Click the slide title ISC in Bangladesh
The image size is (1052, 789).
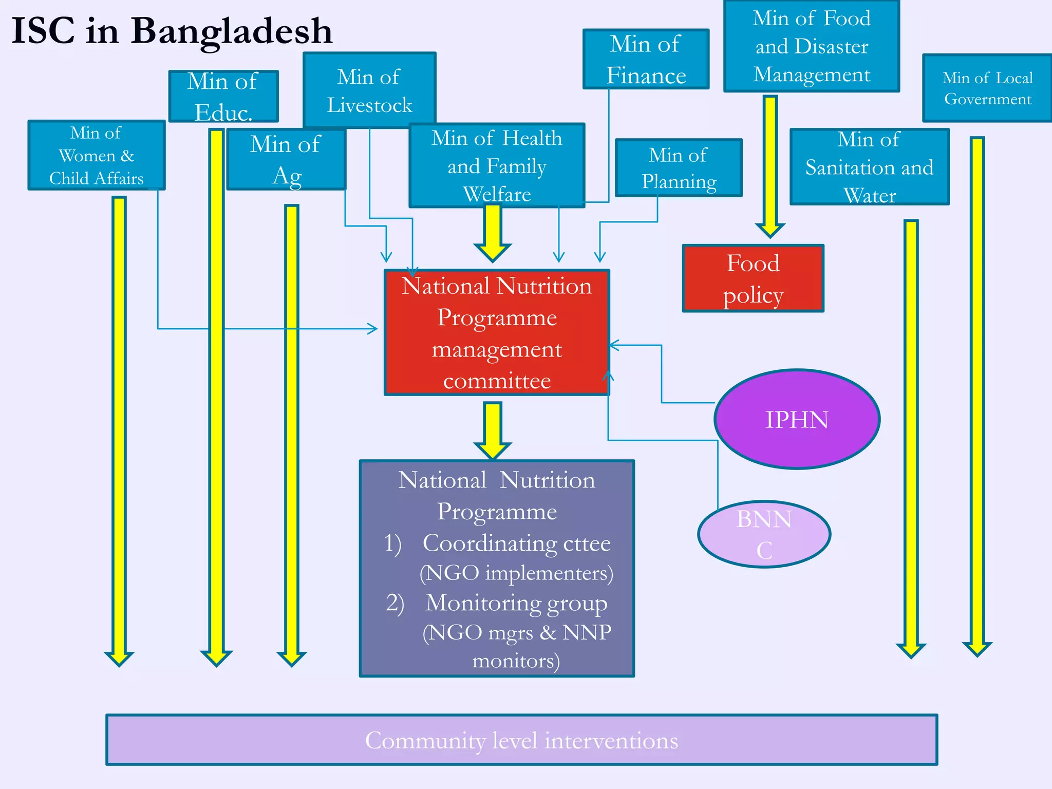point(172,31)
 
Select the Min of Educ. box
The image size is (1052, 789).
point(223,96)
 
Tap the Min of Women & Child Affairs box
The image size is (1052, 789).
point(96,155)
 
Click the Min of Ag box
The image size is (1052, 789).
point(286,159)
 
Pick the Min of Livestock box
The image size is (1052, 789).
point(369,90)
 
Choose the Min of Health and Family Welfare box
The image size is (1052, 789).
point(497,165)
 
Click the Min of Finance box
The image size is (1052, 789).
point(646,59)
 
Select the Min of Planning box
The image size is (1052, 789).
point(679,167)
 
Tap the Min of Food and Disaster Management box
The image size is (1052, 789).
point(812,46)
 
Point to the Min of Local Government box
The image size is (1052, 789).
point(987,88)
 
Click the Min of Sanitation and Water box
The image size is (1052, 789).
point(869,167)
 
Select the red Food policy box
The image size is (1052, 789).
point(753,278)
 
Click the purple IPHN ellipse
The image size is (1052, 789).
point(797,419)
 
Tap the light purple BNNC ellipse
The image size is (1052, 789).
point(764,534)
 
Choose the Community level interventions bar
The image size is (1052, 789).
point(521,740)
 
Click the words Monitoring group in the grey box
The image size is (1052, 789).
point(516,603)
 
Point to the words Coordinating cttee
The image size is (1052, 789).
point(516,543)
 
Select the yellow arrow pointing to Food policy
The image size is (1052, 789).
point(769,164)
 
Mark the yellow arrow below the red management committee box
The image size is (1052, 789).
point(493,429)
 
